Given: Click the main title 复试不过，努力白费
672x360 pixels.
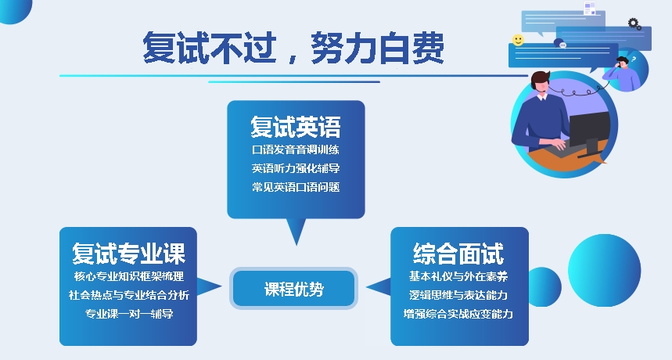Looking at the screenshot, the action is click(293, 48).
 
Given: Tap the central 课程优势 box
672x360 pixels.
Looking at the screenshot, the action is click(293, 289).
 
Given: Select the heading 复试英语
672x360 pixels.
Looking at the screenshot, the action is click(296, 127).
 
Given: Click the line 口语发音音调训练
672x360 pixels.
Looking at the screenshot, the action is click(296, 149).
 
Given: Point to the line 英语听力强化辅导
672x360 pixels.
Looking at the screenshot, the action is click(296, 168).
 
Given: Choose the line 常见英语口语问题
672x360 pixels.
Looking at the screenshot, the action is click(296, 187).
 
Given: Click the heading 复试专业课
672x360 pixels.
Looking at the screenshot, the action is click(128, 253).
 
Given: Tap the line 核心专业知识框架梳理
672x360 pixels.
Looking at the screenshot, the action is click(128, 276).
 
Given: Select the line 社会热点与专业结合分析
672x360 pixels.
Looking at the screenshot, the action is click(128, 295).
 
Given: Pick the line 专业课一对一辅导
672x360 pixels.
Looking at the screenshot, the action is click(128, 314).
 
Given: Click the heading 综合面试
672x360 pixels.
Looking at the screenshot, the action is click(458, 253).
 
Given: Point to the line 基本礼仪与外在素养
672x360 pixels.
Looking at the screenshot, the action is click(458, 276).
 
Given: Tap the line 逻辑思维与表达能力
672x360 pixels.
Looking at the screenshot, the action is click(458, 295).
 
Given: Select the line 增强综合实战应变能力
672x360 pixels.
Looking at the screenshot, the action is click(458, 314).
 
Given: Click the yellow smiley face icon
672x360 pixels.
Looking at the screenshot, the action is click(518, 40).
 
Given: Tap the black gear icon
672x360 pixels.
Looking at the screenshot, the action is click(634, 23).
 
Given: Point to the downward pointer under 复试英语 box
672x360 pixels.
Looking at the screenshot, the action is click(296, 232).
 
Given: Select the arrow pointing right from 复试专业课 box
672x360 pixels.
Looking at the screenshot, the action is click(209, 286).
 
